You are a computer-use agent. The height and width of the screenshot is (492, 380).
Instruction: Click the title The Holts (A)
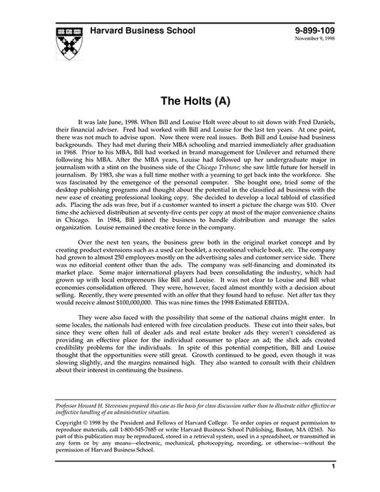[190, 101]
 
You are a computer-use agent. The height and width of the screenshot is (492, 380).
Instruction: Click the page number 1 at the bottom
[334, 466]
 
